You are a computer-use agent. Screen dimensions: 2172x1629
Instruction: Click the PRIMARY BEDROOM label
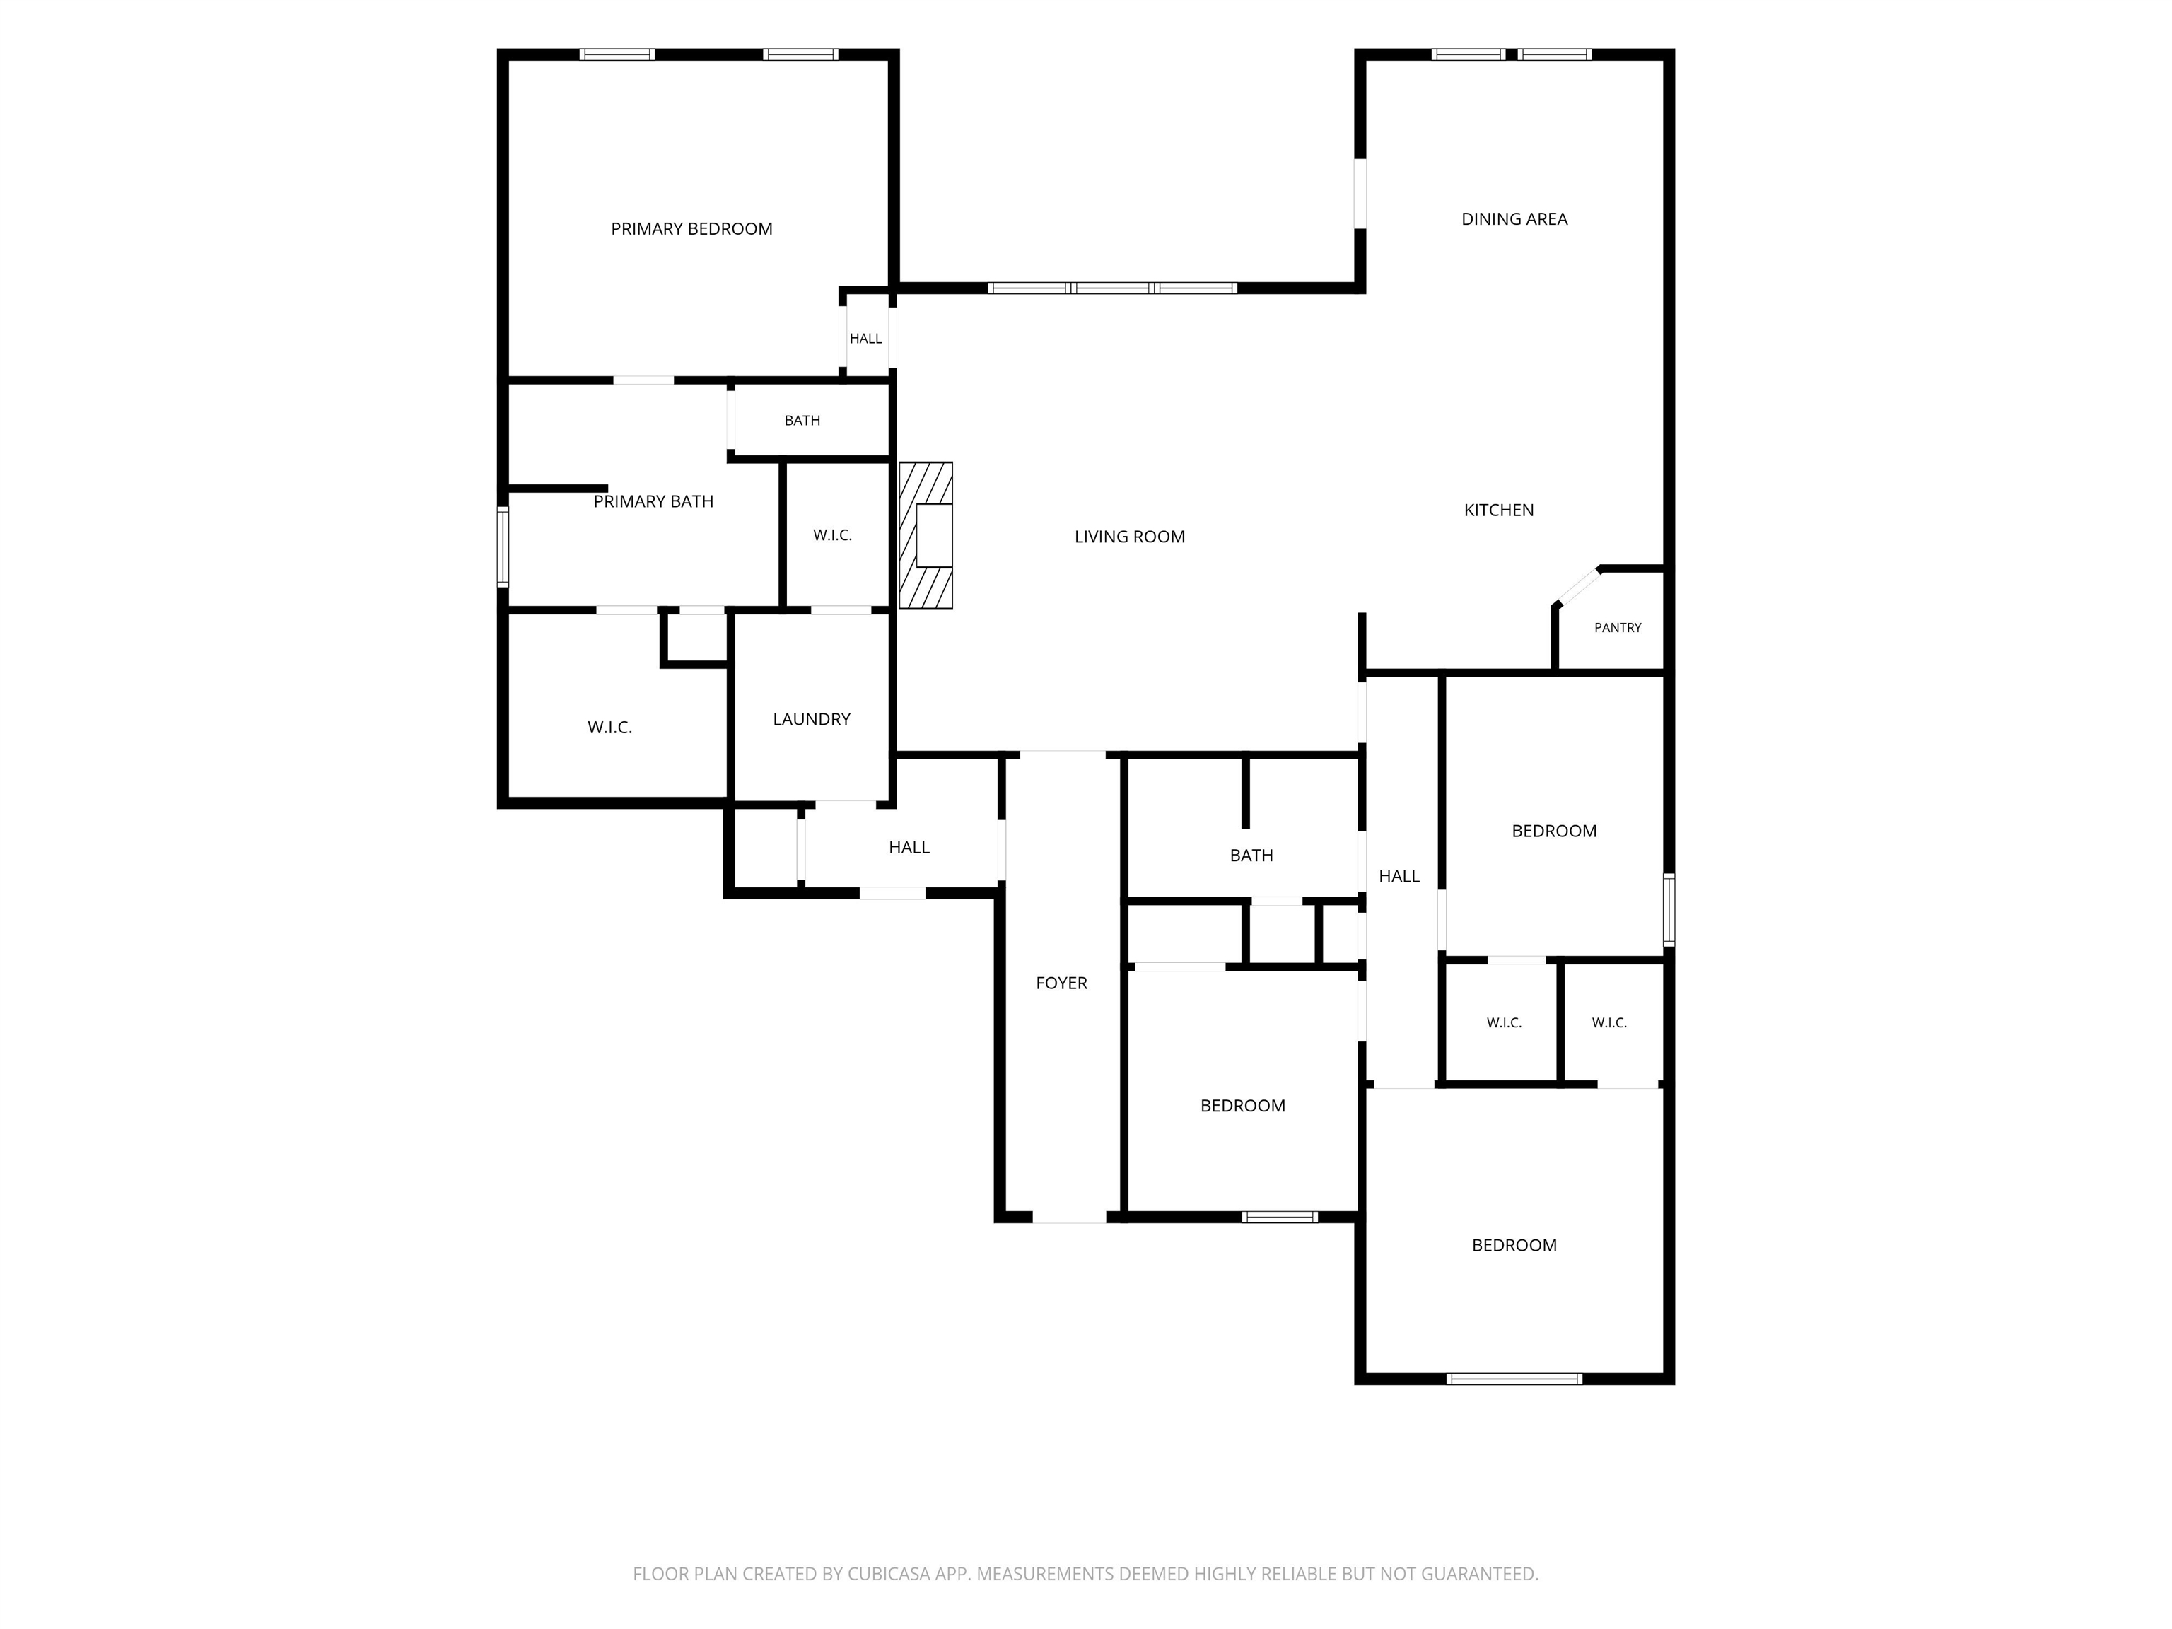[x=691, y=229]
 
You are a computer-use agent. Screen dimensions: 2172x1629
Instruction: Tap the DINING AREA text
[x=1514, y=219]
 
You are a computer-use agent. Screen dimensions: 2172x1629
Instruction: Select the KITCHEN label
[x=1498, y=510]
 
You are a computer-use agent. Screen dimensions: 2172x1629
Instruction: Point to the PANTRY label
[x=1617, y=627]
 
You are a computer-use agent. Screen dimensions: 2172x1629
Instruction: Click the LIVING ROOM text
[x=1129, y=536]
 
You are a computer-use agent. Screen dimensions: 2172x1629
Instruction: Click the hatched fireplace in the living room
[x=926, y=535]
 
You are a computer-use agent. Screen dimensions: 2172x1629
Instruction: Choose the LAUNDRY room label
[x=811, y=719]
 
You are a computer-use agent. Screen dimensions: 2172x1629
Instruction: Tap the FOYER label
[x=1061, y=983]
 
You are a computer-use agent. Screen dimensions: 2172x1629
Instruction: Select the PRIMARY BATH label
[x=653, y=502]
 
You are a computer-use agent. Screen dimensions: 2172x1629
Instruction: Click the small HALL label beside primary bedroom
[x=865, y=339]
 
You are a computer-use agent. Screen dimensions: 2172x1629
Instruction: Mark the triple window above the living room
[x=1111, y=288]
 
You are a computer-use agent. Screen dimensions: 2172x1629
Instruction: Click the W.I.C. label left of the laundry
[x=609, y=728]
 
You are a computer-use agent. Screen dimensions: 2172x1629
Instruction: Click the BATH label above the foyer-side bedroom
[x=1251, y=856]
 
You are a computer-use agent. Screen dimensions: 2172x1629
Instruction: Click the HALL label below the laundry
[x=909, y=848]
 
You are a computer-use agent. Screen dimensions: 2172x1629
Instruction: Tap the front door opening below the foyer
[x=1069, y=1217]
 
